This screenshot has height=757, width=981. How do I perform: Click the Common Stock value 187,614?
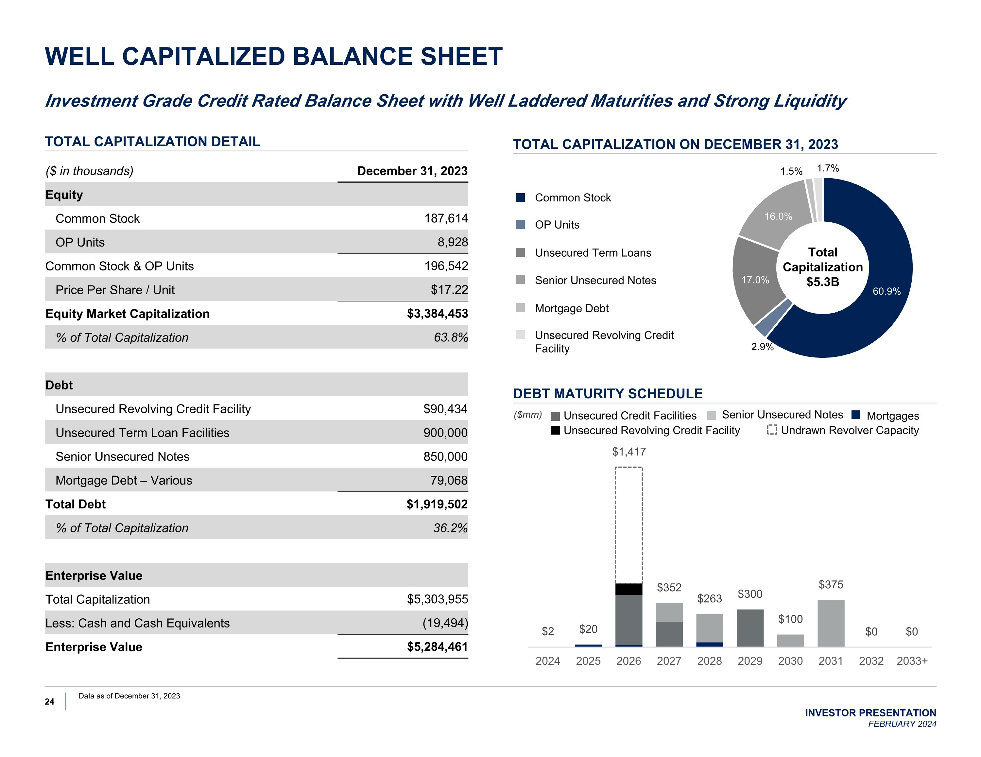click(446, 218)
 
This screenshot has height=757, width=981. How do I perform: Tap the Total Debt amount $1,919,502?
click(437, 504)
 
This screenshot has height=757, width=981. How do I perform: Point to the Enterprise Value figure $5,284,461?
click(437, 647)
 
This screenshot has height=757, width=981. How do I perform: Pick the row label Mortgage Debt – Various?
click(124, 480)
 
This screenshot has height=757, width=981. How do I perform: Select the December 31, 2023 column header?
click(412, 171)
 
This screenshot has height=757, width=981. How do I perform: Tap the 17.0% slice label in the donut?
click(755, 280)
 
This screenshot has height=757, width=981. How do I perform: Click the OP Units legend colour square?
click(520, 225)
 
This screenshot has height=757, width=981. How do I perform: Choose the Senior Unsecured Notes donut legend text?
click(595, 280)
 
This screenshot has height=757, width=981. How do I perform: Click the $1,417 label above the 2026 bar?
click(629, 452)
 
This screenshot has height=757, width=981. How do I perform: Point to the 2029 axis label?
click(750, 661)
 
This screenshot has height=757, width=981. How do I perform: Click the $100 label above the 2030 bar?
click(790, 619)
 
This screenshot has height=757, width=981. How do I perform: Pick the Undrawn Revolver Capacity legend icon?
click(772, 430)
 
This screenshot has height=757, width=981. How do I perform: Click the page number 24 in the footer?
click(49, 702)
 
